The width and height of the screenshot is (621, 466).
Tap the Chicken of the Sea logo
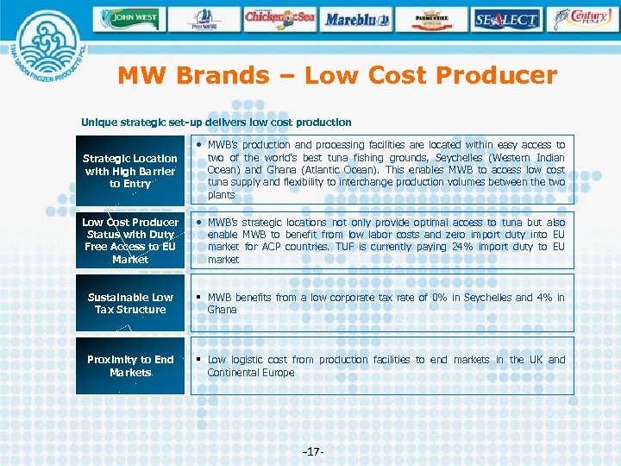[x=279, y=17]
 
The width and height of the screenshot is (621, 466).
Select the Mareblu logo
[x=358, y=18]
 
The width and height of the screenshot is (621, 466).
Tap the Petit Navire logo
[x=204, y=18]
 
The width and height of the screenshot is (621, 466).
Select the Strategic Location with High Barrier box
[x=130, y=170]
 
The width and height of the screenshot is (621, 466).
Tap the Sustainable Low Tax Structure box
[x=130, y=303]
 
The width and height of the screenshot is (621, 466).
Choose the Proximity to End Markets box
[x=130, y=366]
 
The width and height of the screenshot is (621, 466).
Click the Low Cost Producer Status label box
[x=130, y=241]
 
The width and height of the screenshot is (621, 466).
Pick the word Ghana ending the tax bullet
[x=221, y=310]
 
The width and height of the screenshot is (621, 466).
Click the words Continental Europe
[x=251, y=373]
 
